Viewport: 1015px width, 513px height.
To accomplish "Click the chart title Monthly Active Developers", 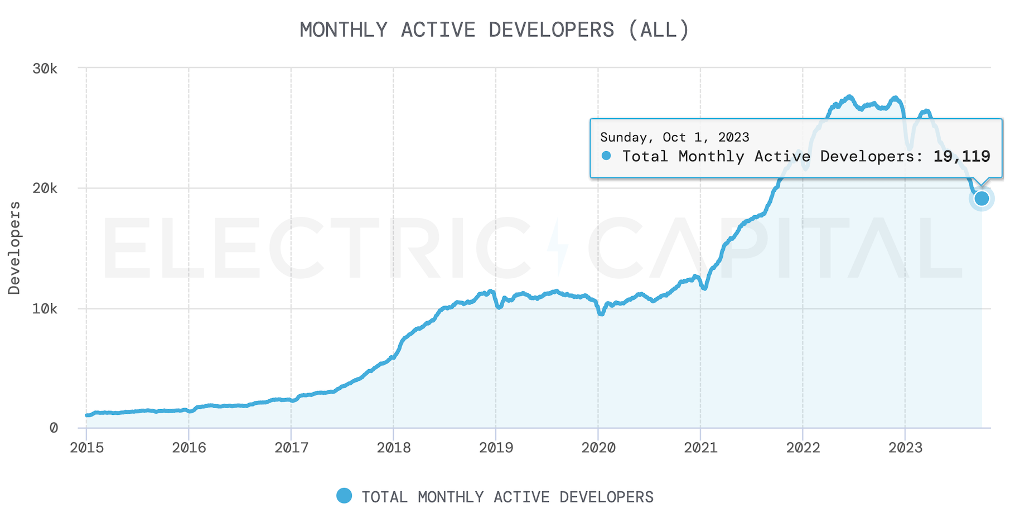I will tap(495, 30).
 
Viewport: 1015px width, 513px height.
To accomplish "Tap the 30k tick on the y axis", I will tap(45, 69).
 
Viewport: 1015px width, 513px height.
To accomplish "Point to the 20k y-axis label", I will tap(45, 188).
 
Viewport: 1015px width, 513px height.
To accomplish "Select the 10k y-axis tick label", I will tap(45, 308).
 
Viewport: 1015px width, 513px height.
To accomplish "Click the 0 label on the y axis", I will tap(54, 428).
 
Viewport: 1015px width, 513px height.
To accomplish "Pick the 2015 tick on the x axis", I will tap(86, 448).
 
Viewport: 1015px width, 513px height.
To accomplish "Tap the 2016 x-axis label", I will tap(189, 448).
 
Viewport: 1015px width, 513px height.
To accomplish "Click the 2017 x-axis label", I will tap(291, 448).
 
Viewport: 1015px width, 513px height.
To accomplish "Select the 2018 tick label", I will tap(394, 448).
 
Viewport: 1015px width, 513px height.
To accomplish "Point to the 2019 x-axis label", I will tap(496, 448).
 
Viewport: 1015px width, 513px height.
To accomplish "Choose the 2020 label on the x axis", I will tap(598, 448).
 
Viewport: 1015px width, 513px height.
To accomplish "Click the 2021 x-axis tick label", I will tap(700, 448).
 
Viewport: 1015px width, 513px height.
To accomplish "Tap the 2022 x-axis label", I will tap(803, 448).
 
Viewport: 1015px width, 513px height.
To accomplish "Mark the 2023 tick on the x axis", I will tap(905, 448).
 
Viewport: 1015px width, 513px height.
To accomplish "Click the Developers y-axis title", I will tap(14, 248).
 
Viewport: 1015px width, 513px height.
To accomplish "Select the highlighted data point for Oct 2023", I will tap(982, 199).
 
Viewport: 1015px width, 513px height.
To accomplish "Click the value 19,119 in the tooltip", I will tap(962, 157).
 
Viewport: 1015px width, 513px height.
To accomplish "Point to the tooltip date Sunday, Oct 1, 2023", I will tap(674, 138).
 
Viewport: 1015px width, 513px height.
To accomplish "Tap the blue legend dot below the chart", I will tap(344, 496).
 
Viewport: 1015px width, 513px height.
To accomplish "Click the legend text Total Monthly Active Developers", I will tap(507, 497).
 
